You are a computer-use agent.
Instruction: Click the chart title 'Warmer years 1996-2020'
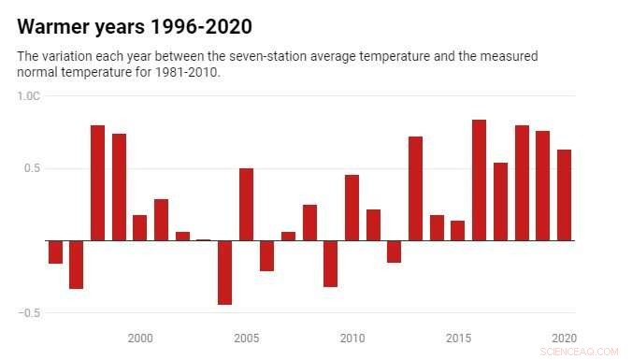click(135, 25)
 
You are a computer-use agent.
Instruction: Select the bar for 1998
click(97, 182)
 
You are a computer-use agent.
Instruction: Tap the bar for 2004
click(224, 272)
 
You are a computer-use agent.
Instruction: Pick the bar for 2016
click(479, 180)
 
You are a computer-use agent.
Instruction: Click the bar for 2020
click(564, 194)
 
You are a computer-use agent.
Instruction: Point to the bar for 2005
click(246, 204)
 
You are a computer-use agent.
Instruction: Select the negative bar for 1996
click(55, 252)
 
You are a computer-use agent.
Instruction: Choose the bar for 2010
click(352, 208)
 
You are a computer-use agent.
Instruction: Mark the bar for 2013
click(415, 188)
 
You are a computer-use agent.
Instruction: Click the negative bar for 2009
click(330, 263)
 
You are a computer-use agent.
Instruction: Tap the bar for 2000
click(140, 227)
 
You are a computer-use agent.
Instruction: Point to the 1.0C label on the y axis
click(29, 96)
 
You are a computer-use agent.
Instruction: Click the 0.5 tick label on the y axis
click(33, 168)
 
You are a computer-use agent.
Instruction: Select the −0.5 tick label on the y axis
click(29, 312)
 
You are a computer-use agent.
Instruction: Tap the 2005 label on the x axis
click(247, 338)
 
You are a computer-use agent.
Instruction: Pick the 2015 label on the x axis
click(458, 338)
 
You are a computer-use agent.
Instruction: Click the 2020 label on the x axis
click(564, 338)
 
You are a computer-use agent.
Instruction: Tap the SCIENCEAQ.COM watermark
click(579, 352)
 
